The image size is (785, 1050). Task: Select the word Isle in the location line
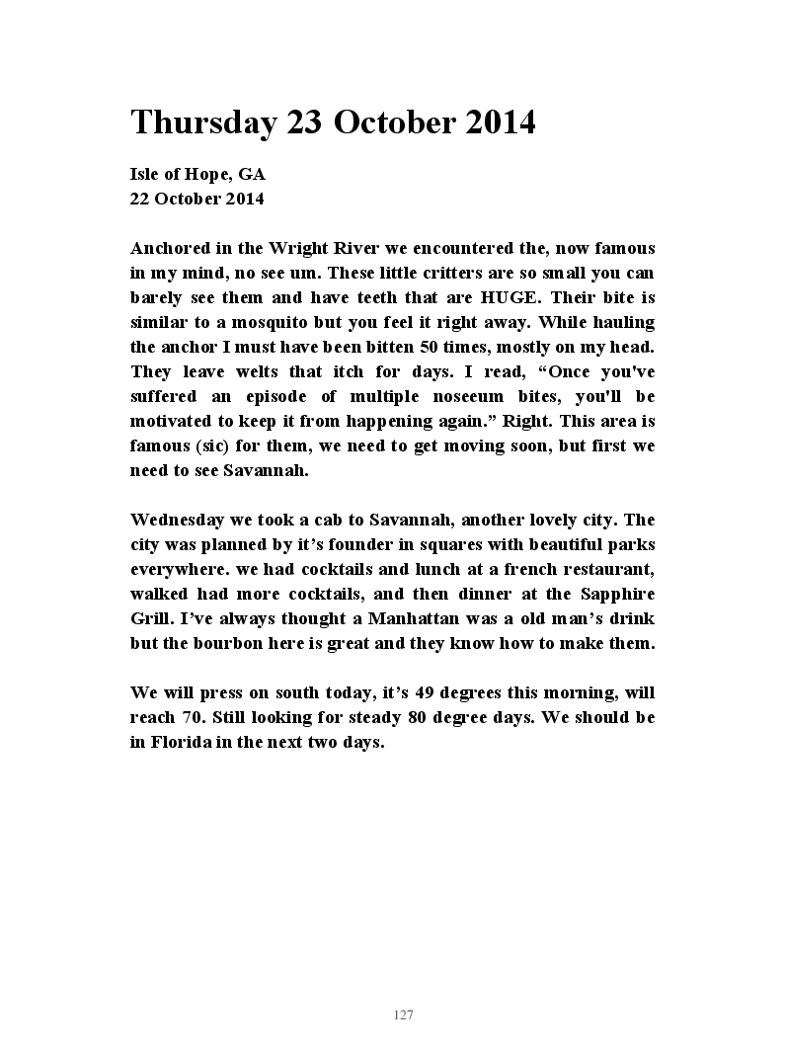[146, 174]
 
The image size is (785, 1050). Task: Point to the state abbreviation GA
[252, 174]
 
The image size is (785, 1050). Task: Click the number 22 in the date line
[140, 198]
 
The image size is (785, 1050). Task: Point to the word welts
[259, 371]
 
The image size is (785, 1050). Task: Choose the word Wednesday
[176, 520]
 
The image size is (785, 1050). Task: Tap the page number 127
[403, 1015]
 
